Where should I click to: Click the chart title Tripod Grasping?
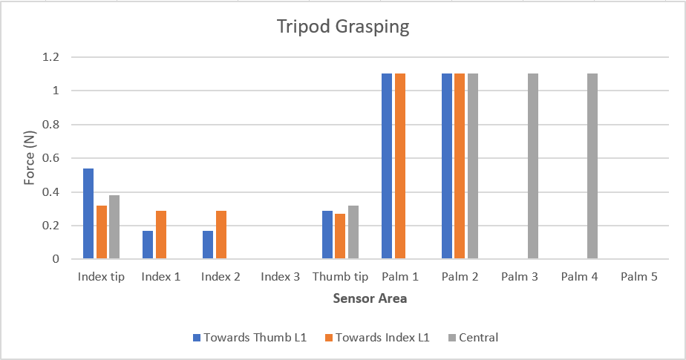[x=343, y=27]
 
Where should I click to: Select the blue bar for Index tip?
[x=88, y=214]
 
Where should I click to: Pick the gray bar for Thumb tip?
[x=353, y=232]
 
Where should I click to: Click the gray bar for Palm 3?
[x=533, y=166]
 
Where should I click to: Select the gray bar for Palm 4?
[x=592, y=166]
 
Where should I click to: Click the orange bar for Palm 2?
[x=460, y=166]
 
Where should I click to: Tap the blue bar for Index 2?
[x=208, y=245]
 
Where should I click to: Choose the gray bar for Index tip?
[x=114, y=227]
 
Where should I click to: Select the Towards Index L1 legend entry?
[x=377, y=337]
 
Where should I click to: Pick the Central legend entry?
[x=473, y=337]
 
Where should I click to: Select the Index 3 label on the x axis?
[x=281, y=277]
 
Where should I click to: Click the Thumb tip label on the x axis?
[x=340, y=277]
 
